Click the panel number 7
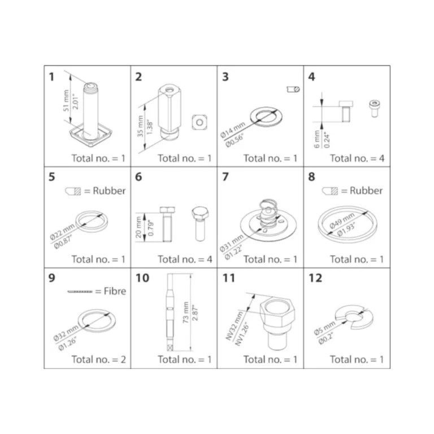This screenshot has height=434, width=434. (225, 176)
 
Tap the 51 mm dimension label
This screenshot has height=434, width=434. (66, 101)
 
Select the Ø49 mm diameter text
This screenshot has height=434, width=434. (342, 220)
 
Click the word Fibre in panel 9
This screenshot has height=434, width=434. (115, 291)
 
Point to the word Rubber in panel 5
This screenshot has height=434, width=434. (109, 190)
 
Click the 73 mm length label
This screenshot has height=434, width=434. (185, 312)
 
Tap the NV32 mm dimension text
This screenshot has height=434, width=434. (234, 325)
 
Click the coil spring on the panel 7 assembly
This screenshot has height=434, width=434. (267, 212)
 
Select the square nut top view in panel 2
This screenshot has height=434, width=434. (199, 122)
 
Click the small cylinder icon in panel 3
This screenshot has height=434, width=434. (293, 89)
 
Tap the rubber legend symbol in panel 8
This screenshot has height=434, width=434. (330, 191)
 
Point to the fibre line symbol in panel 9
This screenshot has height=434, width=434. (80, 292)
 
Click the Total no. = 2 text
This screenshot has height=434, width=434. (99, 359)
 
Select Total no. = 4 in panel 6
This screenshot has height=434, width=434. (185, 259)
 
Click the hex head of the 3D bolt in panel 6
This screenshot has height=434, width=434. (200, 212)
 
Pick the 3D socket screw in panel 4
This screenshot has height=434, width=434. (374, 108)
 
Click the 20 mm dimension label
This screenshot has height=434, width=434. (138, 227)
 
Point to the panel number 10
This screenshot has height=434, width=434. (142, 278)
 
